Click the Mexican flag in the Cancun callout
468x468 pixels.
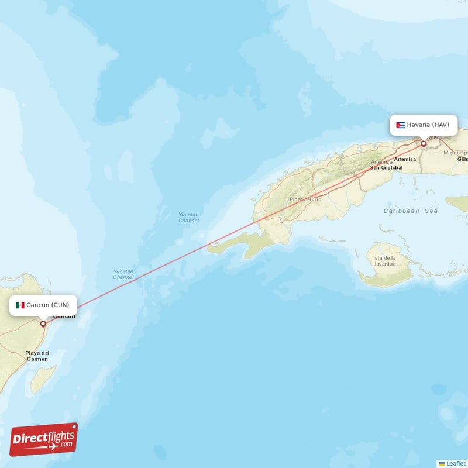[x=20, y=305]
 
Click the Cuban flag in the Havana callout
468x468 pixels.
[x=400, y=125]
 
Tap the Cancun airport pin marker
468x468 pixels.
[x=43, y=324]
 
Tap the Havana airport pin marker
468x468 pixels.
[x=424, y=143]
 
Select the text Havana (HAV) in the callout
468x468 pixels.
[x=428, y=125]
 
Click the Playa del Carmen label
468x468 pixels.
[x=37, y=356]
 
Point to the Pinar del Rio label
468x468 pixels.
[x=305, y=199]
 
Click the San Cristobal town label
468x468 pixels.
[x=386, y=167]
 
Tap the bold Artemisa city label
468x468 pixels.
[x=405, y=159]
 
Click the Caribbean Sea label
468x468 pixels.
[x=410, y=211]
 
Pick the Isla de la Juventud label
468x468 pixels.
[x=385, y=261]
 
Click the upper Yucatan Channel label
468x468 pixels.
[x=188, y=218]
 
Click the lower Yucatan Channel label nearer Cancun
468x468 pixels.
[x=123, y=274]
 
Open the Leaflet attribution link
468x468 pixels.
[x=456, y=463]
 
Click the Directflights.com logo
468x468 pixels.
[x=44, y=439]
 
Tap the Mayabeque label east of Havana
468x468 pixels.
[x=455, y=153]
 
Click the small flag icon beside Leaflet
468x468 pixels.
[x=442, y=463]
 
